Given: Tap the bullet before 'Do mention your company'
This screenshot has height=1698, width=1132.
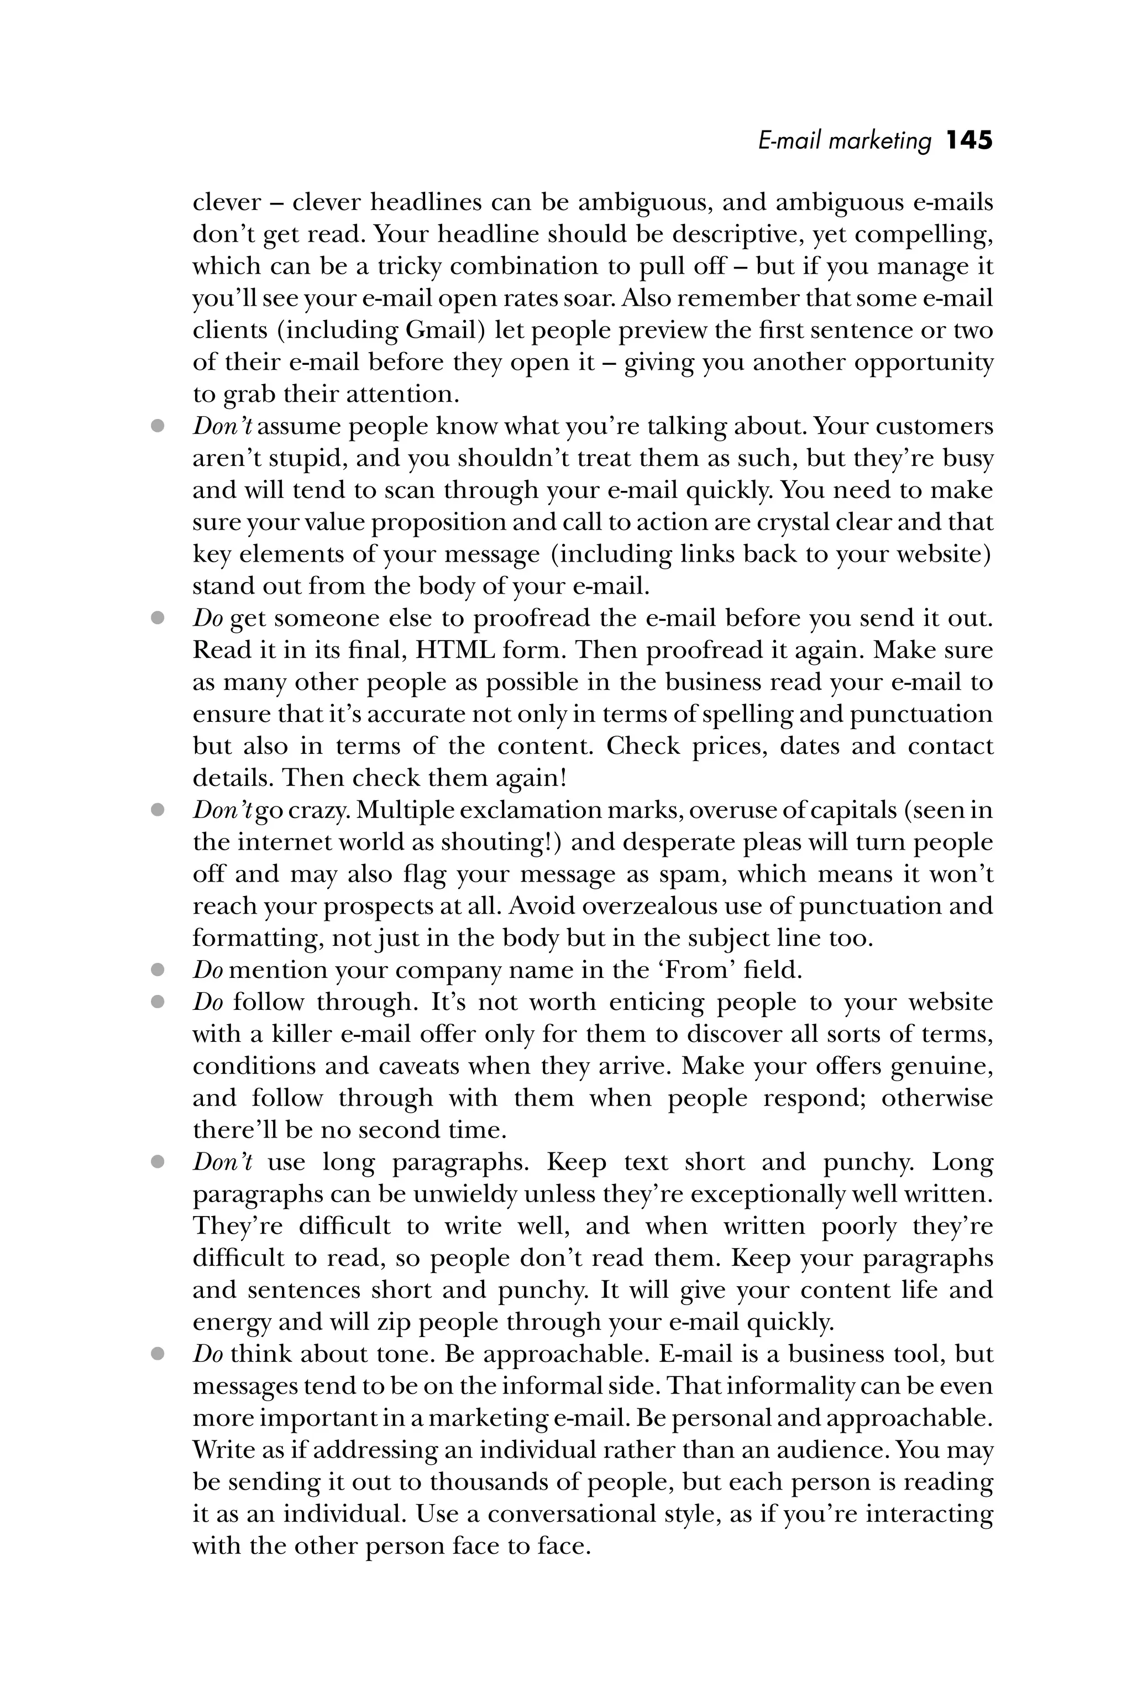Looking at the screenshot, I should point(158,970).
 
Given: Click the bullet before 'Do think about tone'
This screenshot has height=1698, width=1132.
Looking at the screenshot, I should point(158,1354).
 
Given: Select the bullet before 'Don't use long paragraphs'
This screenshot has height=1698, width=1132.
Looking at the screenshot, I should point(158,1162).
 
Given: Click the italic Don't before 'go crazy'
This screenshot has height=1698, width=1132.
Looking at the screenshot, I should point(222,810).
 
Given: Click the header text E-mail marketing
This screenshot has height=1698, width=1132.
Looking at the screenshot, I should point(845,141).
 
